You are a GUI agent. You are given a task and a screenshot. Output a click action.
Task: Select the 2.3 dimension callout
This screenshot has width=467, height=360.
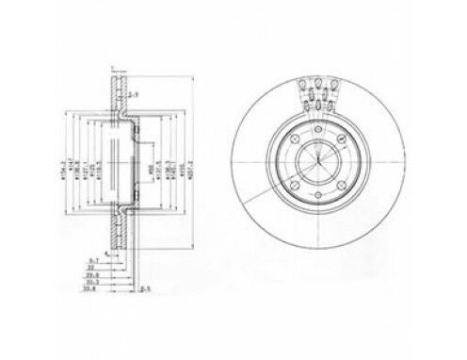pos(135,96)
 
